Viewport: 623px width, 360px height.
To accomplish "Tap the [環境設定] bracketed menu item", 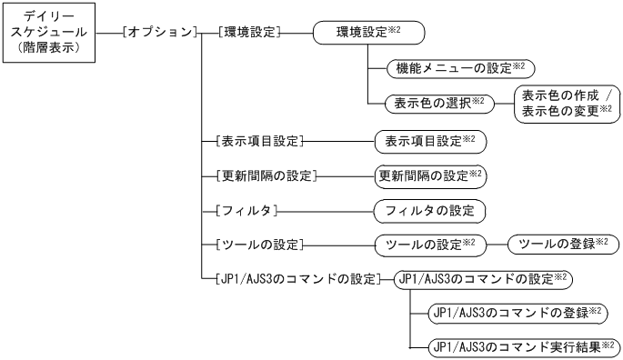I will tap(248, 33).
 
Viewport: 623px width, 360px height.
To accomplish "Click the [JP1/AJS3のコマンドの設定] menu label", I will tap(292, 278).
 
